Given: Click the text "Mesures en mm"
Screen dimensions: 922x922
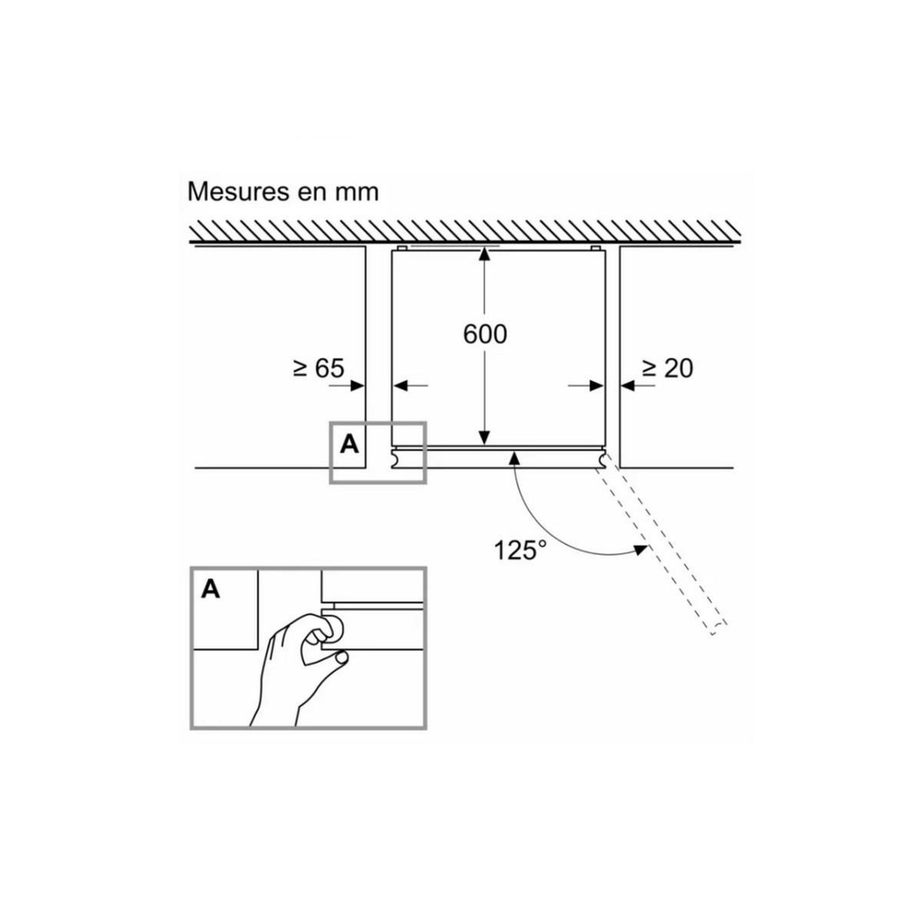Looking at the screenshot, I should point(283,191).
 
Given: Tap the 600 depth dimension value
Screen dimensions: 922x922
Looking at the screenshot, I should point(485,334).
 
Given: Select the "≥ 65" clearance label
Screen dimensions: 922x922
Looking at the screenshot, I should point(317,368).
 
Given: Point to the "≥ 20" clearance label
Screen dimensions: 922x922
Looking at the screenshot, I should point(667,368).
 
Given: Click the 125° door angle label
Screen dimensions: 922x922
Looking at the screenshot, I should point(520,550).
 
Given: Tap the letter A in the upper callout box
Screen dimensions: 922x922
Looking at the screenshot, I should point(350,444).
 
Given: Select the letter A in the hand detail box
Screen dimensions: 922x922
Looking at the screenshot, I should point(211,589).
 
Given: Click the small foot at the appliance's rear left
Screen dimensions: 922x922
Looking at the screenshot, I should point(401,248).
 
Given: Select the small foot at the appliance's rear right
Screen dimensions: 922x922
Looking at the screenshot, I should point(595,248).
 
